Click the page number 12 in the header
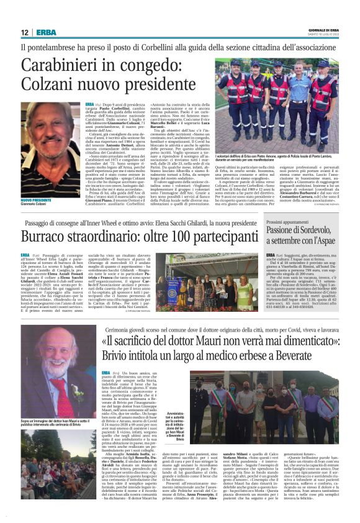coord(25,32)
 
